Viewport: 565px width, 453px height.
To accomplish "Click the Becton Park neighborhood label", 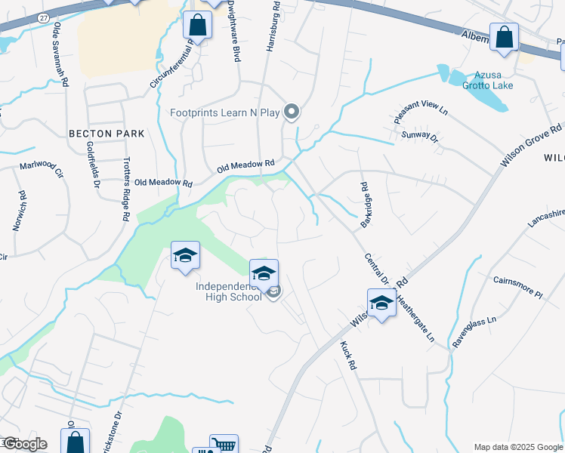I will [106, 134].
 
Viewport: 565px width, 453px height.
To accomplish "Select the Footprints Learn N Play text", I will [224, 113].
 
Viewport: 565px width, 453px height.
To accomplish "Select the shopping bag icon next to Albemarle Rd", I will [504, 36].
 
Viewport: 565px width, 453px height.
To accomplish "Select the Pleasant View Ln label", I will [421, 112].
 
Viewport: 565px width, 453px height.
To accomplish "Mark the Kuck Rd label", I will [347, 355].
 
